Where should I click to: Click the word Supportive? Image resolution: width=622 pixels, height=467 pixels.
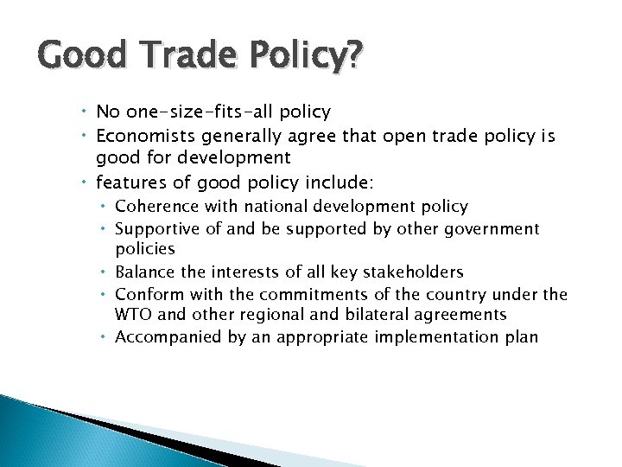pos(158,229)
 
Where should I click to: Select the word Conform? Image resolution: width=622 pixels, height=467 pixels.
pos(147,295)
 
